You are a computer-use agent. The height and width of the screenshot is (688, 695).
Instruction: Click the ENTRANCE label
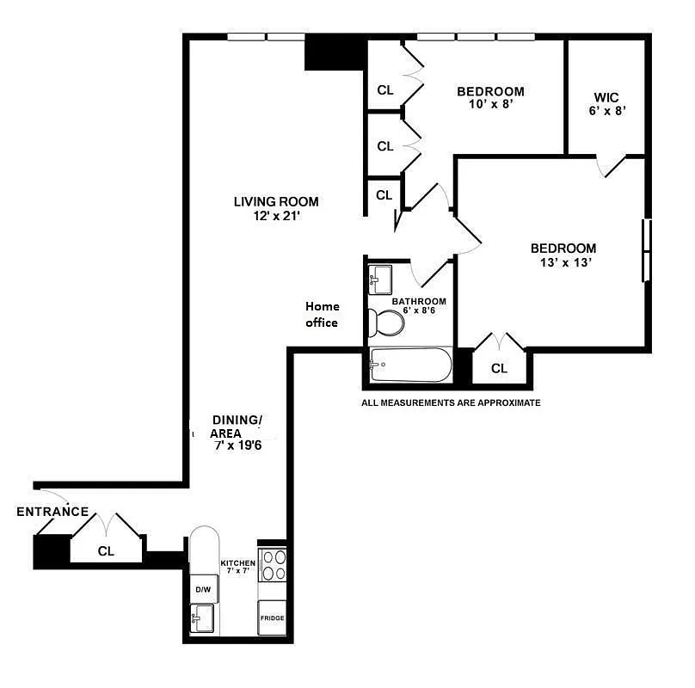coord(52,512)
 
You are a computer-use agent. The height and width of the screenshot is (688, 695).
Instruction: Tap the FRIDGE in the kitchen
coord(272,617)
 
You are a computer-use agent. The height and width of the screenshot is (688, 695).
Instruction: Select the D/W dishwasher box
coord(203,589)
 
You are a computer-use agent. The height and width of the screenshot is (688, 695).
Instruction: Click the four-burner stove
coord(273,567)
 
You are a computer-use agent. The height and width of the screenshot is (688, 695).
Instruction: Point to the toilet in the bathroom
coord(386,324)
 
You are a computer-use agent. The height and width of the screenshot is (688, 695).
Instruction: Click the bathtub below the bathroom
coord(409,365)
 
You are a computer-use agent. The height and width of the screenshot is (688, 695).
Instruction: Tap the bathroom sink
coord(379,279)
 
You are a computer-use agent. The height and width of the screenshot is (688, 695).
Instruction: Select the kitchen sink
coord(204,618)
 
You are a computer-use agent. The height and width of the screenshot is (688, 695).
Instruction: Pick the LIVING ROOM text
coord(276,202)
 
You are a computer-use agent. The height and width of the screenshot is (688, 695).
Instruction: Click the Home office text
coord(323,314)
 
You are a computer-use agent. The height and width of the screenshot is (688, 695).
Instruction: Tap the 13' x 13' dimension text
coord(563,263)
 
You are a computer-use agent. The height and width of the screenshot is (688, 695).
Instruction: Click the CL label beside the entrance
coord(106,550)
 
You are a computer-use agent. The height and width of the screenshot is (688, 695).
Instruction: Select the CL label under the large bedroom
coord(499,368)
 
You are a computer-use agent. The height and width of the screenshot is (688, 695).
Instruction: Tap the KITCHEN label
coord(237,563)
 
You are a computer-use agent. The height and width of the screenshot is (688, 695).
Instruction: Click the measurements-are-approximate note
coord(451,402)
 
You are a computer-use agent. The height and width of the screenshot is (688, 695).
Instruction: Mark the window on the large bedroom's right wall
coord(645,250)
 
